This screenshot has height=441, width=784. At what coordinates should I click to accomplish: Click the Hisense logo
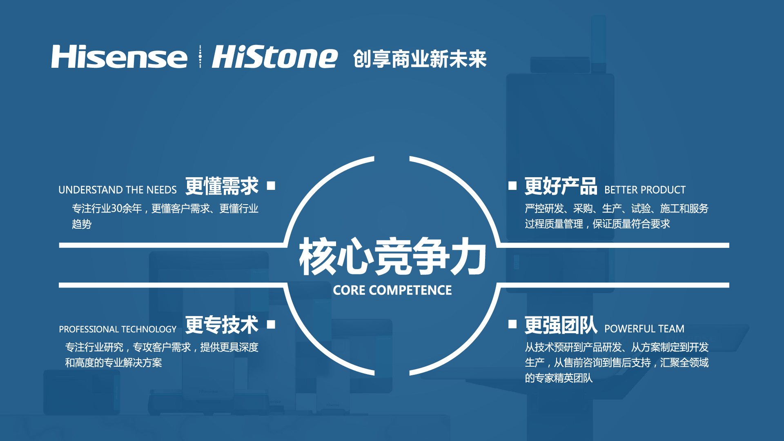119,57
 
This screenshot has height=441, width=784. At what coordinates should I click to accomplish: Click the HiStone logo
274,57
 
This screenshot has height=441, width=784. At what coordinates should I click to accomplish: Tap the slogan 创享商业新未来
420,59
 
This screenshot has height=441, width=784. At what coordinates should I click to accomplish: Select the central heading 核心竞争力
392,256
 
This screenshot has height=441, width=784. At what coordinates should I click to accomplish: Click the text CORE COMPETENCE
392,290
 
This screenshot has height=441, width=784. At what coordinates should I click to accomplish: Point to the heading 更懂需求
222,186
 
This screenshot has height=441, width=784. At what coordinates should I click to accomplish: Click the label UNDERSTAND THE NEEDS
118,190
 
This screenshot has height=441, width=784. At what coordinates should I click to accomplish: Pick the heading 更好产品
561,186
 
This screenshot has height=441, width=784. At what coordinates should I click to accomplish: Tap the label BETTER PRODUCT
645,190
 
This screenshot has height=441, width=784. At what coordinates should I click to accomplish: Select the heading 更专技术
222,325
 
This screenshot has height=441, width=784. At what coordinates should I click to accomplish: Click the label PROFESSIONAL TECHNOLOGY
118,329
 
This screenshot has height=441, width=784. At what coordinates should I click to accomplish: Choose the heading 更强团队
561,325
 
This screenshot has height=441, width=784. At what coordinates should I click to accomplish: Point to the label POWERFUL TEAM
644,329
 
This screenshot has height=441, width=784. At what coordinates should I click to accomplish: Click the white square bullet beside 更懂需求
271,186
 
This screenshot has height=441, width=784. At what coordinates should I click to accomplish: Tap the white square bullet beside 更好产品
512,186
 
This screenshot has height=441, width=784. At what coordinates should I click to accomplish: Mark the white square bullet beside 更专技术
271,324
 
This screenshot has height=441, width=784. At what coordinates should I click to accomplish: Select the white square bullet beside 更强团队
512,324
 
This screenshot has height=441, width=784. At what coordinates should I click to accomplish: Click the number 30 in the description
117,209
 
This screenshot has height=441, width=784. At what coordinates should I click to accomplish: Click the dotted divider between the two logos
200,57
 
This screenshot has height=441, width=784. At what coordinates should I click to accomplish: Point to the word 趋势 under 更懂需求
82,224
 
